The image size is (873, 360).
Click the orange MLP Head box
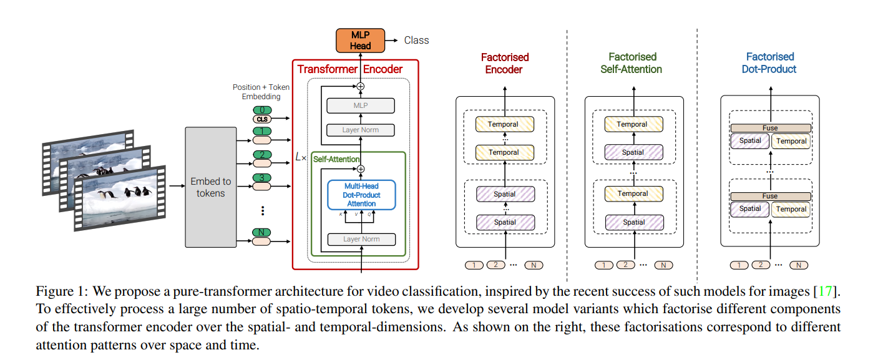click(x=360, y=41)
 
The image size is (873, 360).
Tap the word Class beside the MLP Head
click(x=416, y=40)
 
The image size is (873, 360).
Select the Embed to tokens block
click(x=210, y=187)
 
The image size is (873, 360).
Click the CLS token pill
click(x=262, y=119)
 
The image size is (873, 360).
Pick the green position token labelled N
click(x=261, y=232)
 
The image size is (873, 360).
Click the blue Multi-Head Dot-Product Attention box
click(x=361, y=195)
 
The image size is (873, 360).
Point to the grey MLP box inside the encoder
click(x=361, y=105)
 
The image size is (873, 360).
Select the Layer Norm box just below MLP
click(x=361, y=130)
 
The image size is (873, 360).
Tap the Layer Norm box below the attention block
click(x=361, y=239)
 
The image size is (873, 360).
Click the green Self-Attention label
click(x=336, y=159)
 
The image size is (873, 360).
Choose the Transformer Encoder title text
click(x=349, y=69)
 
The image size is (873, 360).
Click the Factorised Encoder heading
click(x=504, y=63)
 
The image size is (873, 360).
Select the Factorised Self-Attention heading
click(x=632, y=63)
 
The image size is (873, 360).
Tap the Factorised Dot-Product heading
click(x=769, y=63)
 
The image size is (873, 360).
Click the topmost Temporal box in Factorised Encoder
click(x=505, y=124)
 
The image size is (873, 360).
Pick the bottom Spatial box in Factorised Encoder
click(x=505, y=223)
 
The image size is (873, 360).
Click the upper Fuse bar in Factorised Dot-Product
click(x=771, y=128)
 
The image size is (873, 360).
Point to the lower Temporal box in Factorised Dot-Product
click(x=791, y=209)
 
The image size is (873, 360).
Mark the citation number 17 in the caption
click(x=825, y=291)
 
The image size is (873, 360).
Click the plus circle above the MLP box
click(x=361, y=86)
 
